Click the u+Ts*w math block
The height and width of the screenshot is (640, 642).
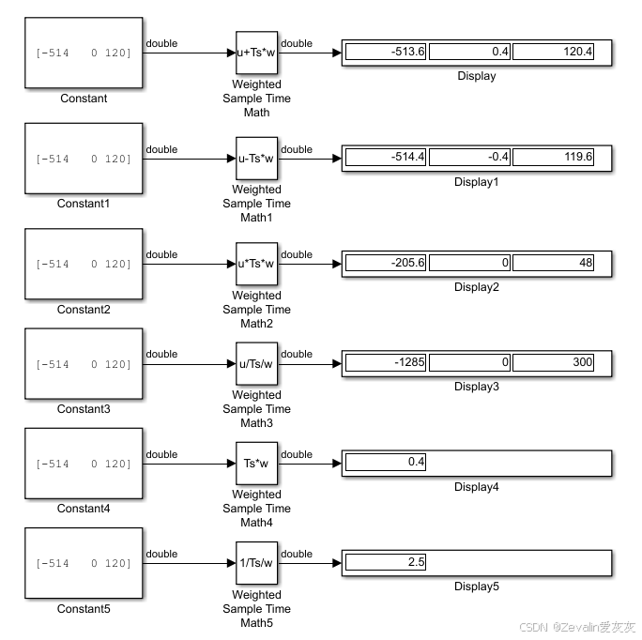[256, 53]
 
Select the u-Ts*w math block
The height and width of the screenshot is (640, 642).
[256, 158]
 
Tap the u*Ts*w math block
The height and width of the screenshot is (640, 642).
[256, 263]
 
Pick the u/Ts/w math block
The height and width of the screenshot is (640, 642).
[256, 363]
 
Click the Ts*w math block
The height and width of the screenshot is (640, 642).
[256, 463]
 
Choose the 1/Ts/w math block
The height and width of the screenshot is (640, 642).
[256, 563]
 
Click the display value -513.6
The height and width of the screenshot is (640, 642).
[387, 52]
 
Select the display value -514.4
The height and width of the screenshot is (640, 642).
[387, 157]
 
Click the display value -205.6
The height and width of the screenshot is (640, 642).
[387, 263]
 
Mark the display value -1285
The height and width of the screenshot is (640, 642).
[387, 362]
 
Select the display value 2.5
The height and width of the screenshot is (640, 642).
[387, 562]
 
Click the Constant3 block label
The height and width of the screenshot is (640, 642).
[84, 409]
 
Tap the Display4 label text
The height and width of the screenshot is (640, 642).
[476, 487]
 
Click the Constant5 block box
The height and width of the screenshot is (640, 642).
[84, 563]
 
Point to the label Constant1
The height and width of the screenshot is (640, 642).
[84, 204]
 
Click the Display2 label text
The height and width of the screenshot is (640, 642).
[476, 287]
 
